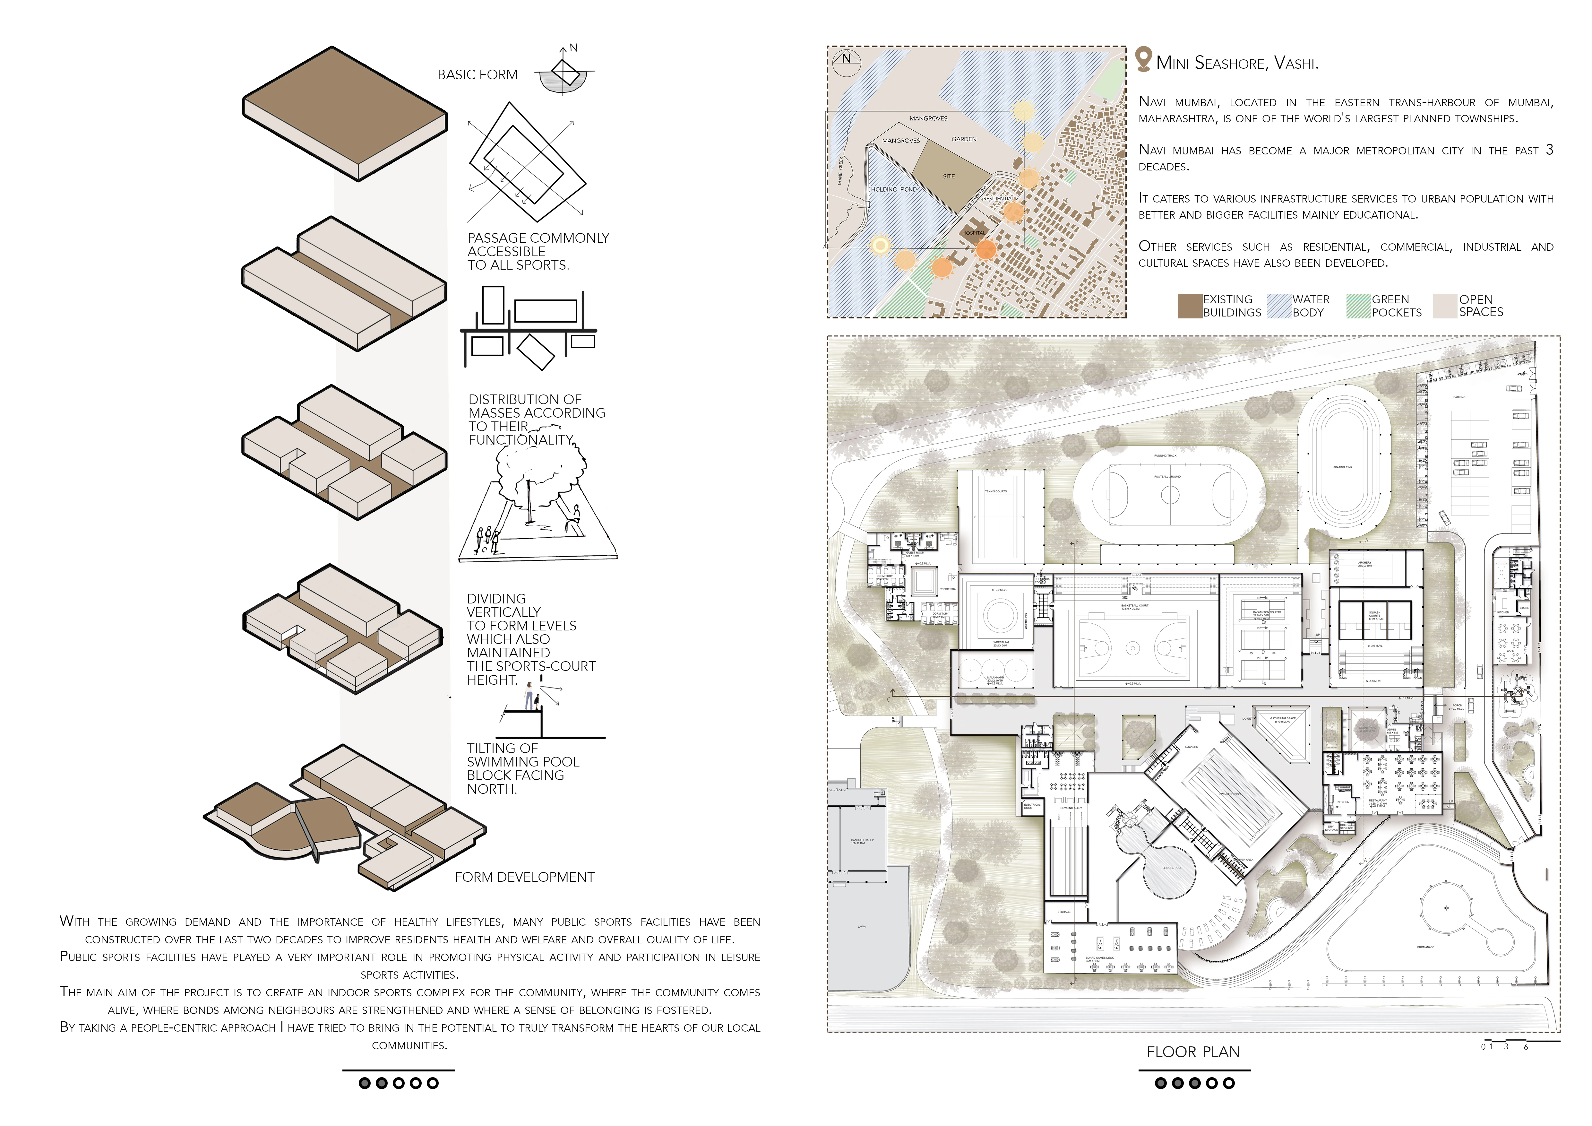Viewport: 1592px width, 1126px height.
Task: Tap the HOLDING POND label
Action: pos(894,189)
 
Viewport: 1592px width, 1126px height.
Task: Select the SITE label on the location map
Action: pos(949,176)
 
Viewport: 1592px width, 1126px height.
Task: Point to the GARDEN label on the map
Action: pos(964,139)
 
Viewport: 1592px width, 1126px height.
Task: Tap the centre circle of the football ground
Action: pos(1170,495)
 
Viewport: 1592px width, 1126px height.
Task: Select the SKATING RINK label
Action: pos(1342,467)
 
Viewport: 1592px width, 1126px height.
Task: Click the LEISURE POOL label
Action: pos(1172,867)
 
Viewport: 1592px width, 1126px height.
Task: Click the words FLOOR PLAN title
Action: pos(1192,1052)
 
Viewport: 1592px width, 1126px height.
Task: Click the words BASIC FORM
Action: pos(477,75)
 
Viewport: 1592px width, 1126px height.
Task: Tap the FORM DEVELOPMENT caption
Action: pos(524,877)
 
